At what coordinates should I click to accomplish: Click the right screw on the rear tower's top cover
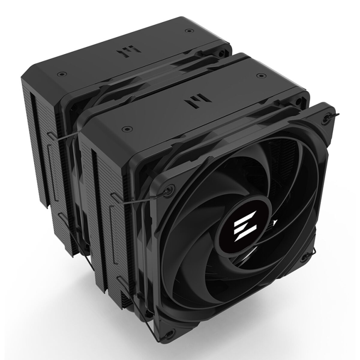(x=188, y=31)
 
